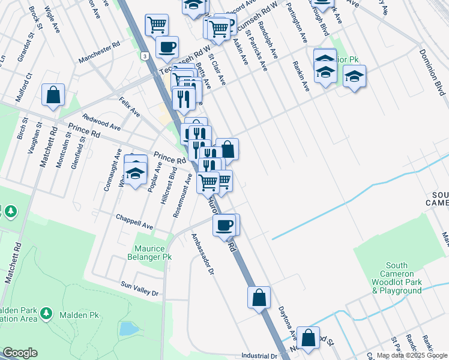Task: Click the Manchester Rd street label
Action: (100, 53)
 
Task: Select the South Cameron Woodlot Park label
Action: (396, 278)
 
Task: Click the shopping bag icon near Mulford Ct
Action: (53, 95)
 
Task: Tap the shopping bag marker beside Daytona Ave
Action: (259, 298)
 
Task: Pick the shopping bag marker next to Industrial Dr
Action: (308, 338)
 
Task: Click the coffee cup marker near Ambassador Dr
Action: (225, 226)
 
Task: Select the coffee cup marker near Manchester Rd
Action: (167, 47)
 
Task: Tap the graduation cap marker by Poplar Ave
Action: (136, 173)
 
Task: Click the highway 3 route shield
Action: (145, 56)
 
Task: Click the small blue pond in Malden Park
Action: (127, 328)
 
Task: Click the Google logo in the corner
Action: (20, 352)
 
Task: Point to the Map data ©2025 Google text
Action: (411, 355)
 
